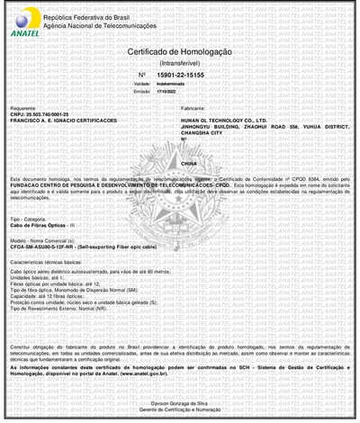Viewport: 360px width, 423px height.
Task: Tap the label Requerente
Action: coord(23,108)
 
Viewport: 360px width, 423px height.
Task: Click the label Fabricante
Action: coord(193,108)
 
